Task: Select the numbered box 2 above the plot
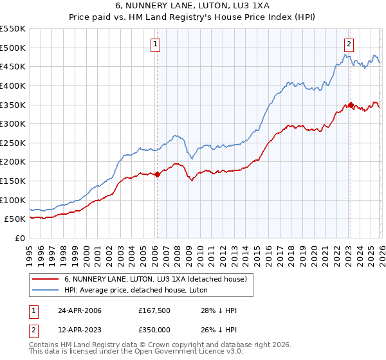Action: pos(348,44)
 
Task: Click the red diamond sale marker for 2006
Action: pos(157,174)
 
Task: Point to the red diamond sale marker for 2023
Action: pos(351,104)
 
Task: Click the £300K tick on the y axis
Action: pos(13,123)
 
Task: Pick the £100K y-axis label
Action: pos(13,200)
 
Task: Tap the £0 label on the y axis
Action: pos(19,238)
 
